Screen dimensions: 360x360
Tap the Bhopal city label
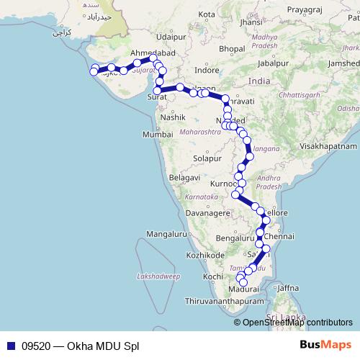click(x=232, y=48)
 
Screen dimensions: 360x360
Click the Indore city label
click(x=207, y=71)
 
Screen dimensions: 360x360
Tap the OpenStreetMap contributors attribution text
click(x=297, y=323)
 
